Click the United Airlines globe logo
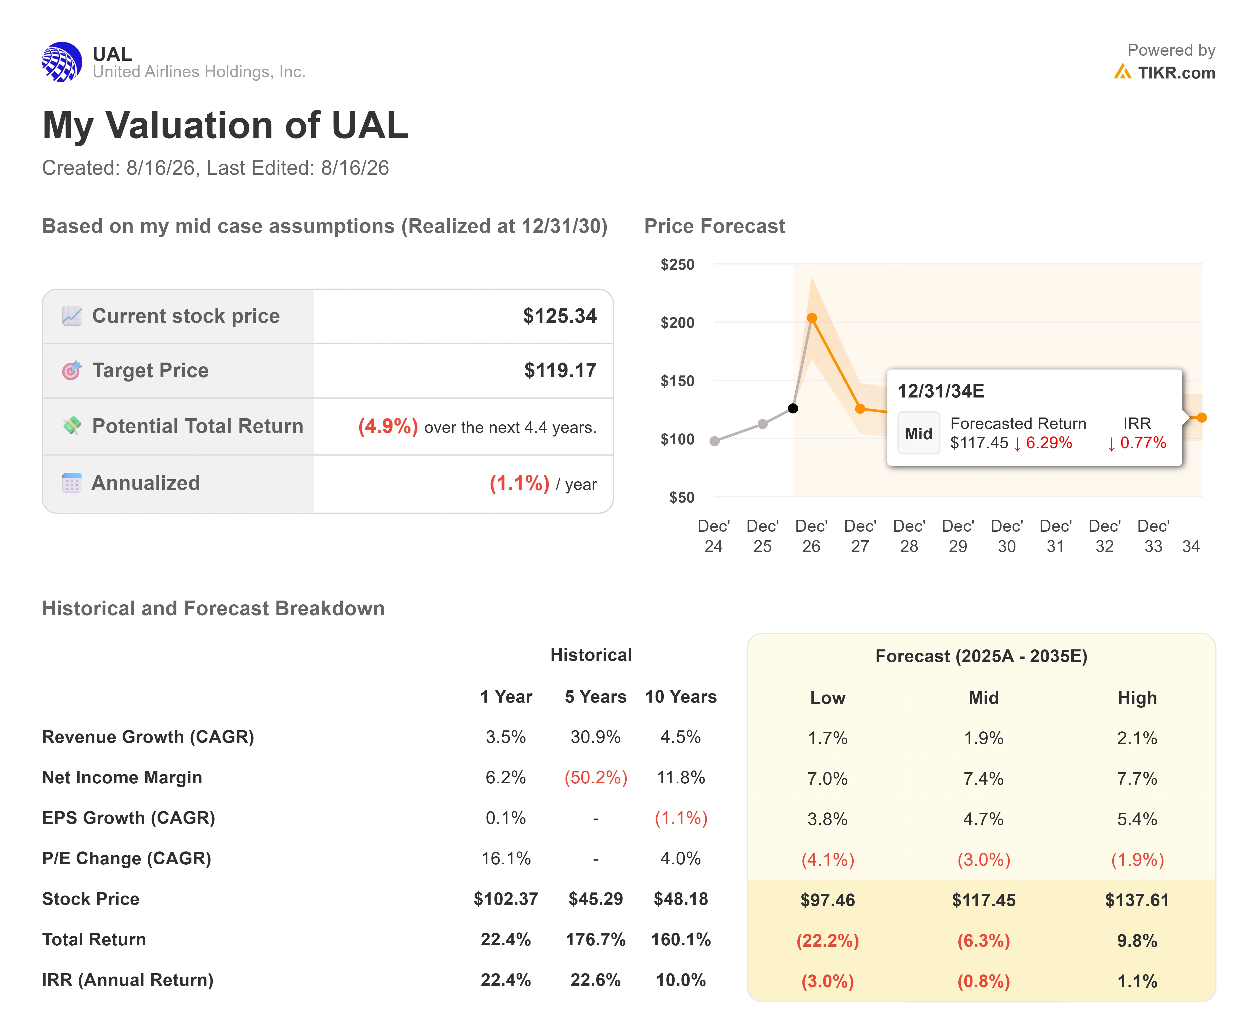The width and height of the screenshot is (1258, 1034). click(62, 62)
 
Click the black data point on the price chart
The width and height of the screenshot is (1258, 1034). click(793, 408)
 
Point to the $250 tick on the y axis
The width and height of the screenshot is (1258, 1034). click(677, 265)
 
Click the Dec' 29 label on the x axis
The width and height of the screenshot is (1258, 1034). click(958, 536)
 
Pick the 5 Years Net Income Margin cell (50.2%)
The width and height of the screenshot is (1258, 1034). click(596, 777)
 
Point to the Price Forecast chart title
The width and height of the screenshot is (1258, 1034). click(715, 226)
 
